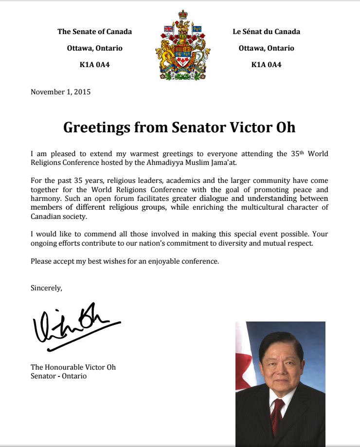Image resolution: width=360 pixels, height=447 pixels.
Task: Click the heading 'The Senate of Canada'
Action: click(94, 32)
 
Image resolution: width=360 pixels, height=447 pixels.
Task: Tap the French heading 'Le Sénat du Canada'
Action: click(266, 32)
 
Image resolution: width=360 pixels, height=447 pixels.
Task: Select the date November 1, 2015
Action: click(61, 91)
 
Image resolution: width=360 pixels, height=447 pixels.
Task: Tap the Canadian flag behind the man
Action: click(243, 355)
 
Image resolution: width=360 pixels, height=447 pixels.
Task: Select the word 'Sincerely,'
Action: click(46, 287)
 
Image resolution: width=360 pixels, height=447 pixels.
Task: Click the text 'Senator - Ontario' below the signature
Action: click(58, 376)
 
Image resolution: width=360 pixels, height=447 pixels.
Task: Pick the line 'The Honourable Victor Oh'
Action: click(73, 367)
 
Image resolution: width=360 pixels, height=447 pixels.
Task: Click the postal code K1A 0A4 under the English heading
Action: click(94, 65)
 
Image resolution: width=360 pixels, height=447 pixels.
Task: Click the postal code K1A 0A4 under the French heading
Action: click(266, 65)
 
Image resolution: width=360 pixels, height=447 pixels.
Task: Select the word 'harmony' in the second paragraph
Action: click(45, 198)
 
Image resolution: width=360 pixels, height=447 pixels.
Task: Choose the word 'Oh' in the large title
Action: click(284, 127)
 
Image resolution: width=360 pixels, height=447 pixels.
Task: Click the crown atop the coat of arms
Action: click(183, 15)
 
